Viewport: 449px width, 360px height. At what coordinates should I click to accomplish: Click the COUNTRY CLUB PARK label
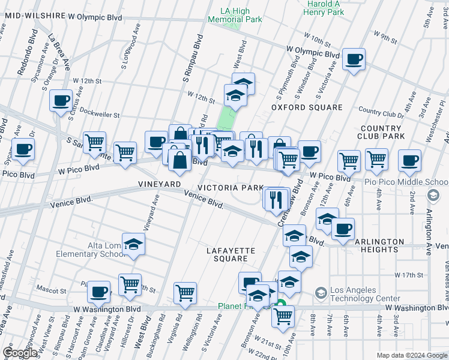click(381, 133)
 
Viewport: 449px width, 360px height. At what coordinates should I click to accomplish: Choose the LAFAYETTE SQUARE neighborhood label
click(231, 254)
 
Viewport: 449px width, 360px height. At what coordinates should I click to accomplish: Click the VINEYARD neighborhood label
click(160, 184)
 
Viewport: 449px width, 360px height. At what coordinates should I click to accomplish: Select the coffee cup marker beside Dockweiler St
click(61, 100)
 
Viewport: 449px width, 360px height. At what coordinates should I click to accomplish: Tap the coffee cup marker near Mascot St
click(98, 292)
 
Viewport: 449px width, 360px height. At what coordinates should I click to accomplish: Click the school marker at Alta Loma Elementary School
click(133, 244)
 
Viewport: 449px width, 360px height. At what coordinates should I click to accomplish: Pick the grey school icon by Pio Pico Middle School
click(433, 196)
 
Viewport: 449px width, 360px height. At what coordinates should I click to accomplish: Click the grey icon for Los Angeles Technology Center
click(321, 293)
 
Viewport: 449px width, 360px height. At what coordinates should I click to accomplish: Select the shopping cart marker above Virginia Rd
click(185, 293)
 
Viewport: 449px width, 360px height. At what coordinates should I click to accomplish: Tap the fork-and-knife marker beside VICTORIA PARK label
click(276, 198)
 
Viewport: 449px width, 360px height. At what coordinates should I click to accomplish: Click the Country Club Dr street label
click(381, 112)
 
